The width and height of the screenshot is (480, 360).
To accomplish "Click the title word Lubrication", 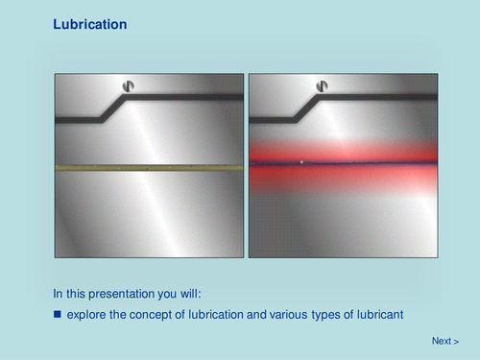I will (x=89, y=23).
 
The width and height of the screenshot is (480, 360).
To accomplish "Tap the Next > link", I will (x=444, y=341).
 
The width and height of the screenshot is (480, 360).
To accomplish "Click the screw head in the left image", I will (x=128, y=86).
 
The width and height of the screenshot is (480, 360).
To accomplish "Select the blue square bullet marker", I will (x=58, y=314).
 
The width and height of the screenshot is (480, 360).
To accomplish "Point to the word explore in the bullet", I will (x=87, y=314).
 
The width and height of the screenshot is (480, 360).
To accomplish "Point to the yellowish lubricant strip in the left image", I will (x=148, y=167).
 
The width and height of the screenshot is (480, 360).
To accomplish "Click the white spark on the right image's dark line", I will (x=301, y=162).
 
